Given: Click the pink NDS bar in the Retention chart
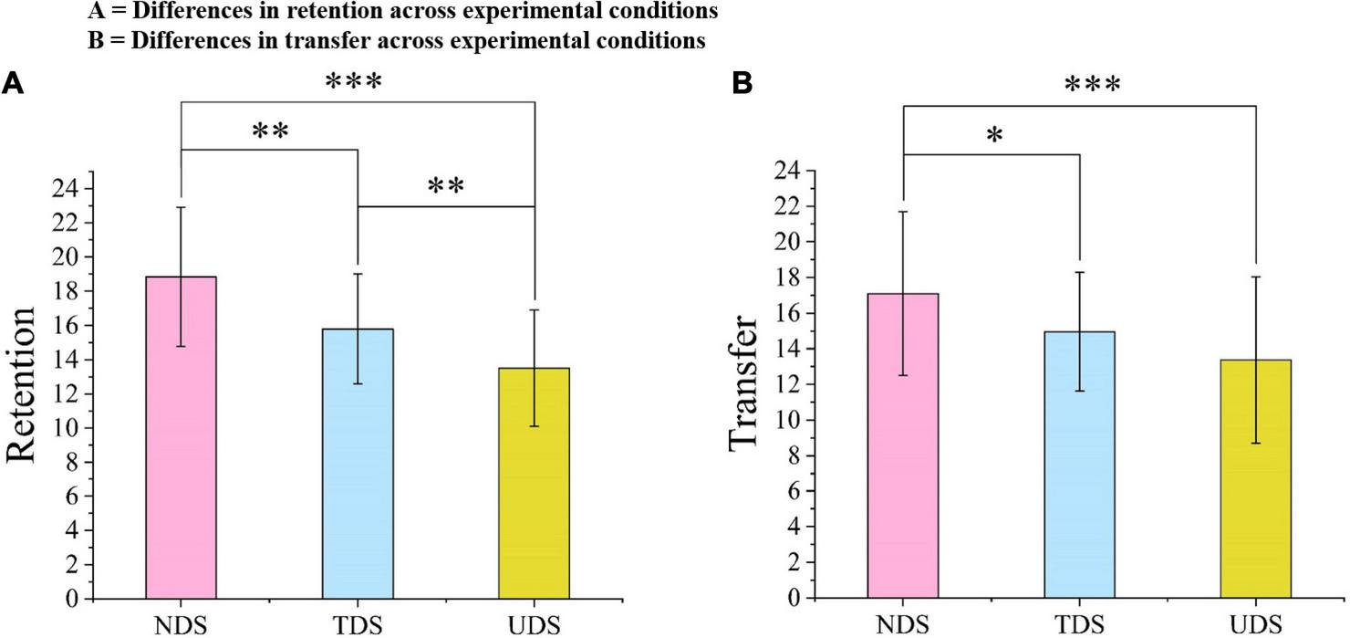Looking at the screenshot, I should click(x=181, y=438).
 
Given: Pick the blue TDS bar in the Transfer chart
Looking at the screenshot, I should click(x=1079, y=465).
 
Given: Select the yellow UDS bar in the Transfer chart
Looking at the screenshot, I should click(x=1256, y=478).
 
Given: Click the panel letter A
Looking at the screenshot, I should click(x=13, y=84).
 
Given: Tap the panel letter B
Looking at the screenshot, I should click(x=742, y=84).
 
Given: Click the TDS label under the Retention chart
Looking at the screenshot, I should click(x=358, y=626).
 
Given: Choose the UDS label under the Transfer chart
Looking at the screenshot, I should click(x=1256, y=626).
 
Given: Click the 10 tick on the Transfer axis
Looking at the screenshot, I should click(x=791, y=420).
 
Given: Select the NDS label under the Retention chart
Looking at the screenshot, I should click(x=181, y=626).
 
